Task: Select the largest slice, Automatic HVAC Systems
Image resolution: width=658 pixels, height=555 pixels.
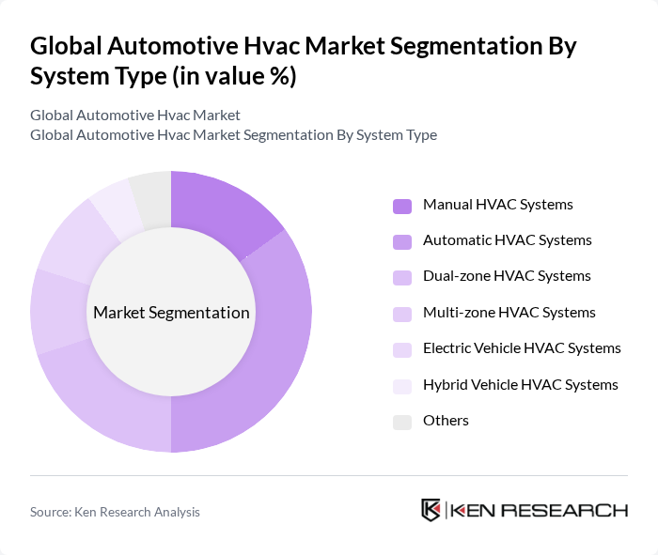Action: coord(273,357)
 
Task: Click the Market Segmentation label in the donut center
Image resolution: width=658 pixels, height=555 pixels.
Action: coord(171,313)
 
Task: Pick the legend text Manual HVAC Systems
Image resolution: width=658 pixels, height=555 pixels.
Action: coord(498,205)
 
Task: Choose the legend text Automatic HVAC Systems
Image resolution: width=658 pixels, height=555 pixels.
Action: coord(508,240)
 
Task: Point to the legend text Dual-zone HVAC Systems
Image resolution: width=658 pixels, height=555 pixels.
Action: coord(507,276)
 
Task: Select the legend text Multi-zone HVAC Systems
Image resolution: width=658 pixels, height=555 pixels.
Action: coord(509,313)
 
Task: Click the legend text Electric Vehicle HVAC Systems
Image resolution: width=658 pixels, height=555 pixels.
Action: coord(522,348)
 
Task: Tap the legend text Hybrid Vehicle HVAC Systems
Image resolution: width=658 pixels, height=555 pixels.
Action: coord(521,385)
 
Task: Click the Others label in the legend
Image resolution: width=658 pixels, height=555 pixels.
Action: coord(446,421)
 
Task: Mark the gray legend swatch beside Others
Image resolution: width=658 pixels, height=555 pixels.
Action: coord(401,422)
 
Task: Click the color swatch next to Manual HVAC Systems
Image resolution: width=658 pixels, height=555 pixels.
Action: coord(401,206)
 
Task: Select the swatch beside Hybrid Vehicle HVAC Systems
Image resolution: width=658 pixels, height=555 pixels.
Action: coord(401,386)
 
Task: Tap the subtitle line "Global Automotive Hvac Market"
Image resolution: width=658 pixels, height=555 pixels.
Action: coord(135,116)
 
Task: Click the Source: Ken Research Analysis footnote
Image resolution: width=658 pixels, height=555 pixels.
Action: coord(115,512)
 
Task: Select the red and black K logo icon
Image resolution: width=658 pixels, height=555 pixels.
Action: coord(431,510)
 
